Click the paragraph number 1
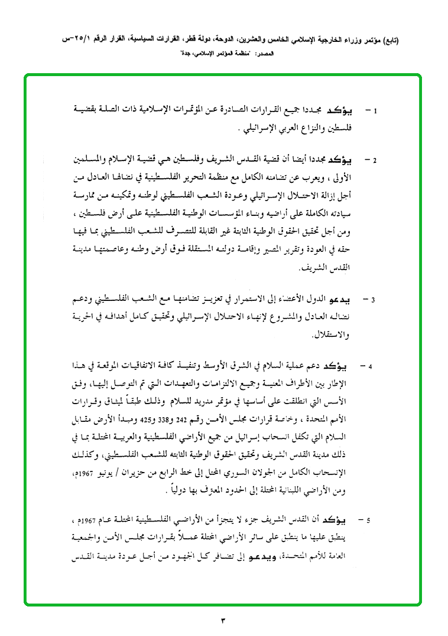(376, 111)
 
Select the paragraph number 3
(374, 300)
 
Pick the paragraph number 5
(369, 521)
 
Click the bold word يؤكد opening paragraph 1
(350, 110)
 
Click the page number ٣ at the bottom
(223, 621)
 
